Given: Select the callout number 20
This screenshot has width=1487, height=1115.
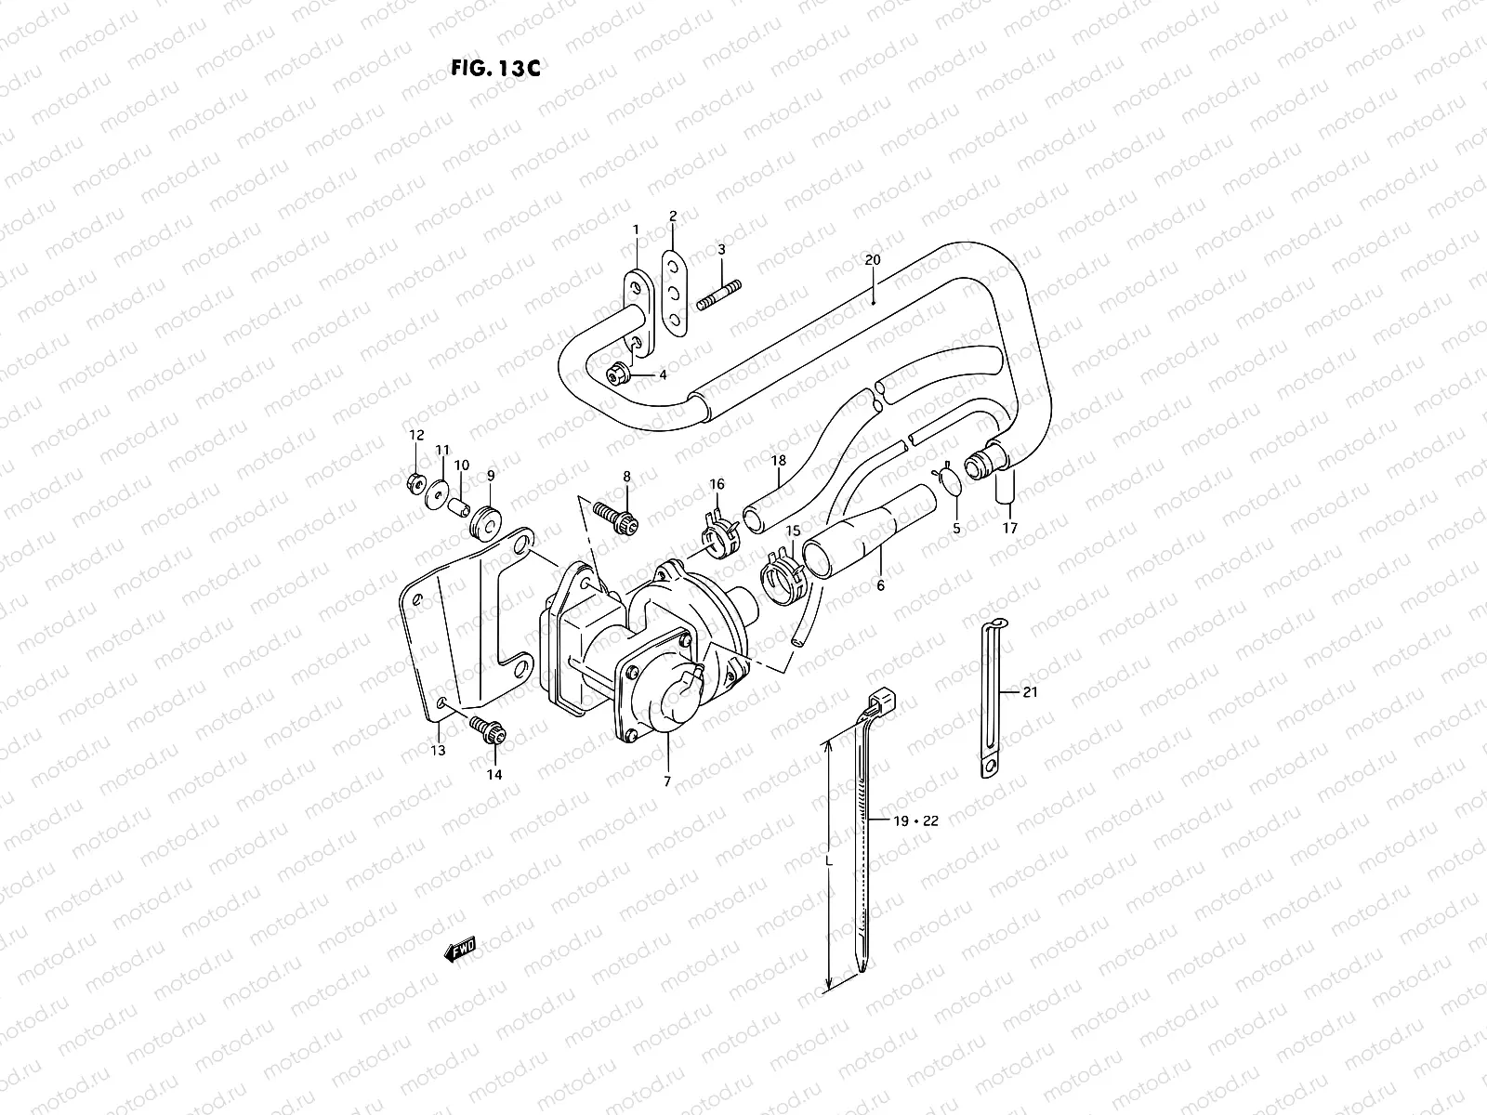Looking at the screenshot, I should pos(871,260).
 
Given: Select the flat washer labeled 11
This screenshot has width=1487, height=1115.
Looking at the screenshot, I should pos(434,492).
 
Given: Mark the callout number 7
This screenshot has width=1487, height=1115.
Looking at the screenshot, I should pos(666,781).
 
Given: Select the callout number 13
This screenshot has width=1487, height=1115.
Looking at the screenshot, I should pos(438,750).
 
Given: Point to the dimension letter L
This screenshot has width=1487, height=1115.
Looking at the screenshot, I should pos(830,861).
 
